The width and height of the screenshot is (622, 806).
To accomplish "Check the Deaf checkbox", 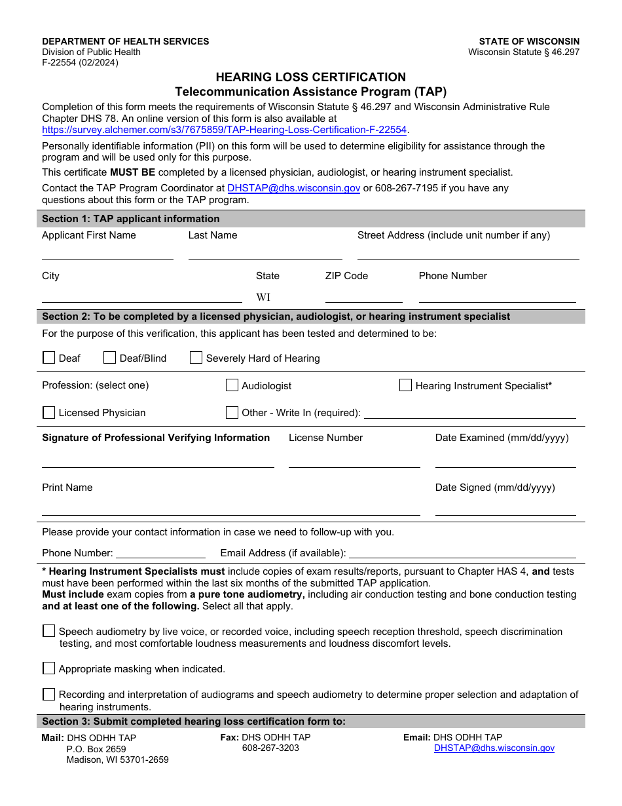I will coord(48,358).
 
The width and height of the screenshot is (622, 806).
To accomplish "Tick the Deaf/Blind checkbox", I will coord(109,358).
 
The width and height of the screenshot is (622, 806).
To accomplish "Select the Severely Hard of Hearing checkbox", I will coord(196,358).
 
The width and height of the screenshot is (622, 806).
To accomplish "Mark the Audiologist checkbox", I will coord(232,385).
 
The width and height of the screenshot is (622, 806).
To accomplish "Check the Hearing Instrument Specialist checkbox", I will coord(405,385).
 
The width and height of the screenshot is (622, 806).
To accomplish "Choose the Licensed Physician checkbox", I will coord(48,412).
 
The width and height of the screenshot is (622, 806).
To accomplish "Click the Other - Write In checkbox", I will coord(232,412).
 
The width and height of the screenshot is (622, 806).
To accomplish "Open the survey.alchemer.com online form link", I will coord(225,130).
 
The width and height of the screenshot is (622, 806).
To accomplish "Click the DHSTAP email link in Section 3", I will coord(494,748).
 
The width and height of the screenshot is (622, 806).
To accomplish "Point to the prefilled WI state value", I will coord(263,297).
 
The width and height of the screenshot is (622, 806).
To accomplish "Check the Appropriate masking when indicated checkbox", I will coord(48,668).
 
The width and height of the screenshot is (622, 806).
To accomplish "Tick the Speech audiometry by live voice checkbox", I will coord(48,631).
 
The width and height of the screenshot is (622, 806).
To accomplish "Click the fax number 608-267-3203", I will coord(270,748).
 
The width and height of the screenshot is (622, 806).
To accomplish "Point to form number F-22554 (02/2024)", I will coord(80,63).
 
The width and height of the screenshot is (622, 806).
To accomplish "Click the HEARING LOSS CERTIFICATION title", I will coord(311,77).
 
